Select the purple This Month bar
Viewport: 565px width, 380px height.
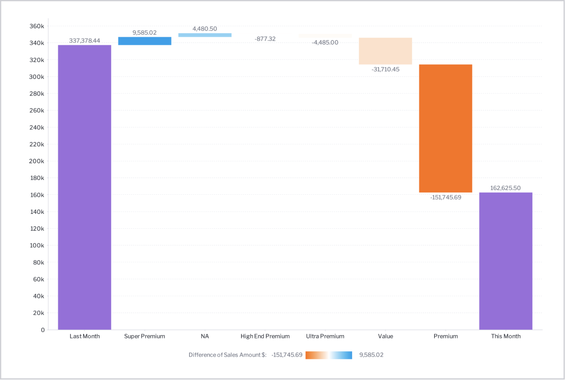tap(506, 261)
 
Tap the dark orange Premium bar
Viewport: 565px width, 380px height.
tap(446, 128)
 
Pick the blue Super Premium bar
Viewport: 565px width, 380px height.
tap(145, 41)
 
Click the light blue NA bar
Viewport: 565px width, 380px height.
tap(205, 35)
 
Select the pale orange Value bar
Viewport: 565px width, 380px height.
tap(385, 51)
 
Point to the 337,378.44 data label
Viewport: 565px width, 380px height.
tap(85, 41)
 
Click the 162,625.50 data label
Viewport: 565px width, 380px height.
tap(505, 188)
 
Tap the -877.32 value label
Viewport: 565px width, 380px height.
tap(265, 39)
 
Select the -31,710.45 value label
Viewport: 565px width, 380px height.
tap(385, 69)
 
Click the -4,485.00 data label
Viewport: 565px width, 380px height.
tap(325, 42)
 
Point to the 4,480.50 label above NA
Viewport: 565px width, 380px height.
tap(205, 29)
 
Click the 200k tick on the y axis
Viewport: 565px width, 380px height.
tap(37, 161)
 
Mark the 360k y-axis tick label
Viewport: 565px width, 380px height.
tap(37, 26)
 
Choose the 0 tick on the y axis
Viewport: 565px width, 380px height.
tap(43, 330)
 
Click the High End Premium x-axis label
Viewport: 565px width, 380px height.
tap(265, 336)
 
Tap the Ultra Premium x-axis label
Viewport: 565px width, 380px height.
tap(325, 336)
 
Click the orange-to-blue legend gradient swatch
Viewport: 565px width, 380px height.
tap(329, 355)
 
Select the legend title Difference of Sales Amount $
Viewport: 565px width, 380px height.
tap(227, 355)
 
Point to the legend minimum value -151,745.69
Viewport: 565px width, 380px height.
tap(287, 355)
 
